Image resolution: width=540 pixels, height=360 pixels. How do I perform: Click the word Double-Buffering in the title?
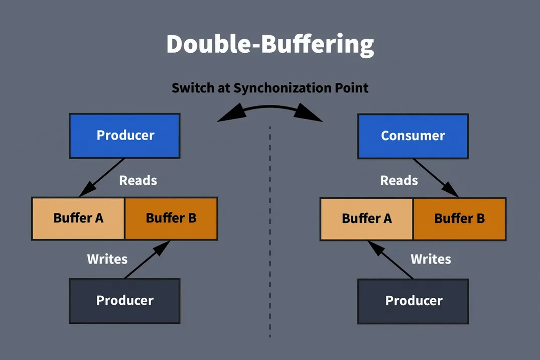tap(270, 45)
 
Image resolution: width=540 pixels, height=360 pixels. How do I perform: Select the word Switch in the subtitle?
tap(192, 88)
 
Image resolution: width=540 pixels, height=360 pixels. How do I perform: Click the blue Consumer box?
tap(413, 136)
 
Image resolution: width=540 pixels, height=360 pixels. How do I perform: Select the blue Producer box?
tap(124, 136)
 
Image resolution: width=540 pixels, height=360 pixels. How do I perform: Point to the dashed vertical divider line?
tap(270, 231)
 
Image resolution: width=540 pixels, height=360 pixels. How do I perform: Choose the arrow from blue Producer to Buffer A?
tap(102, 178)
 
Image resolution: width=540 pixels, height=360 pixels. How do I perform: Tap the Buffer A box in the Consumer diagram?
tap(366, 218)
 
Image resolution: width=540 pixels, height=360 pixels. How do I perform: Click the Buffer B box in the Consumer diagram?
tap(459, 218)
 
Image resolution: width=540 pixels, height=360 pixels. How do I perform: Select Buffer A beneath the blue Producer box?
tap(78, 218)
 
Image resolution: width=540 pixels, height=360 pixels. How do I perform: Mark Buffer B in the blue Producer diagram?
tap(171, 218)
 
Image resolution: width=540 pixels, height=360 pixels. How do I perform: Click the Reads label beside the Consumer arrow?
tap(399, 180)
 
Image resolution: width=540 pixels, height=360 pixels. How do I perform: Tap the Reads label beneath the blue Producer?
tap(138, 180)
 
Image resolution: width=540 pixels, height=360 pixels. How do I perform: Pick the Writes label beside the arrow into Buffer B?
tap(107, 259)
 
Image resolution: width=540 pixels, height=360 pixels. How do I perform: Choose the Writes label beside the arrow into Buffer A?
tap(431, 259)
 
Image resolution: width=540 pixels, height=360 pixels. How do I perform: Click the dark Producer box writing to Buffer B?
tap(124, 301)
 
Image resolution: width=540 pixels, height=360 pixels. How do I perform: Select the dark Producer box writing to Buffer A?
tap(413, 301)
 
